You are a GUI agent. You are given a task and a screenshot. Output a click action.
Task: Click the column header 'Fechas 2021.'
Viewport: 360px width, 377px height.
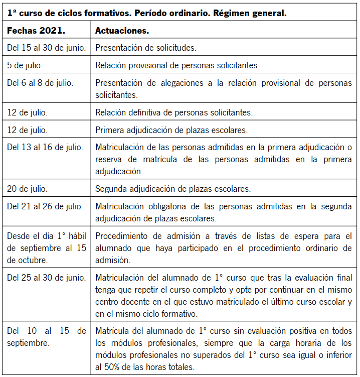36,31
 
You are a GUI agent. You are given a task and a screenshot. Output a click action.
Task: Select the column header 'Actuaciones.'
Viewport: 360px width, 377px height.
122,31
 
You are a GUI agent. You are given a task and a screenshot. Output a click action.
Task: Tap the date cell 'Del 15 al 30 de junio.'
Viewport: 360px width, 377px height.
46,48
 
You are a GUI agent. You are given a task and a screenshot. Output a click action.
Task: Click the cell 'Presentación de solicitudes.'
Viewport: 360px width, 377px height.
145,48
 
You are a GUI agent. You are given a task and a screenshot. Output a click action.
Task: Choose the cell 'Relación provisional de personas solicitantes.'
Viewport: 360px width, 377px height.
177,65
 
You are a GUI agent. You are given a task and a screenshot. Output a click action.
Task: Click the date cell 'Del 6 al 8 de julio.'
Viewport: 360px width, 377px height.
40,82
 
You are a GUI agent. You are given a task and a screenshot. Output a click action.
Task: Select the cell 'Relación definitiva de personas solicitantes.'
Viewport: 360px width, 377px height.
174,112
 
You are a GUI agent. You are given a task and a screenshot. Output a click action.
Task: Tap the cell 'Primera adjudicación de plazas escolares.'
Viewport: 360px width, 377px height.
171,130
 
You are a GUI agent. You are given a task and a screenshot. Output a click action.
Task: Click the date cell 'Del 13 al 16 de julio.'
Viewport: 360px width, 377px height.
45,147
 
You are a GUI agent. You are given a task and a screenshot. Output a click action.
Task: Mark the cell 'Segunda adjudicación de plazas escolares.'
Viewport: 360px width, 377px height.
172,189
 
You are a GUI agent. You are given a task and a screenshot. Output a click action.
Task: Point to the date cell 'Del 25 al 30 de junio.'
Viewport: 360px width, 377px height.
46,277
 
